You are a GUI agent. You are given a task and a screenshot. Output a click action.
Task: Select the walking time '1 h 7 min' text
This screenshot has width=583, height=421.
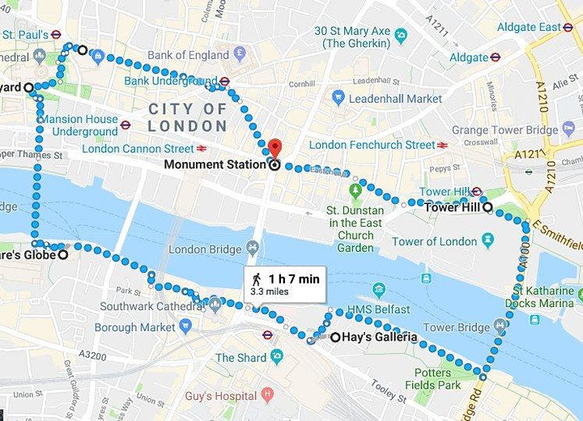coord(293,279)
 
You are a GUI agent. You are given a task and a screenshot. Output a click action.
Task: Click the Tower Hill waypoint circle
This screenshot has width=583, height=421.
coord(487,206)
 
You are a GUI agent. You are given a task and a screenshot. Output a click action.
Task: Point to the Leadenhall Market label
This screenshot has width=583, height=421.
coord(396,98)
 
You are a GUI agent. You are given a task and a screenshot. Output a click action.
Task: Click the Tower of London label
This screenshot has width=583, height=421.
coord(435,241)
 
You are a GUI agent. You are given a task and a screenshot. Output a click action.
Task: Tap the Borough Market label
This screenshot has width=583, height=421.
coord(134,328)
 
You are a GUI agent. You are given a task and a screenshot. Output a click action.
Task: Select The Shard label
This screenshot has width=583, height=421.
coord(240,358)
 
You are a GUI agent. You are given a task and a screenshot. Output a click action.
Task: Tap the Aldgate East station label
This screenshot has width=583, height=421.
coord(528,27)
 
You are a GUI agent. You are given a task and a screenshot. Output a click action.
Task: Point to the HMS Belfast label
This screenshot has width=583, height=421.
coord(378,309)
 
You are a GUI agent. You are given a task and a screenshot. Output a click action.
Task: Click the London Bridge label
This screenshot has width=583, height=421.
coord(199,249)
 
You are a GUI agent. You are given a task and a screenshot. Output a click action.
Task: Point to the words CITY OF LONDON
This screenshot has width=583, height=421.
coord(187,117)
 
